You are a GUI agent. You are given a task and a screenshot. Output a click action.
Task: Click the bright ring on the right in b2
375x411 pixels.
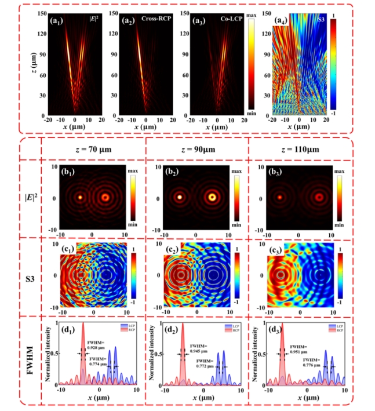pos(212,197)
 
